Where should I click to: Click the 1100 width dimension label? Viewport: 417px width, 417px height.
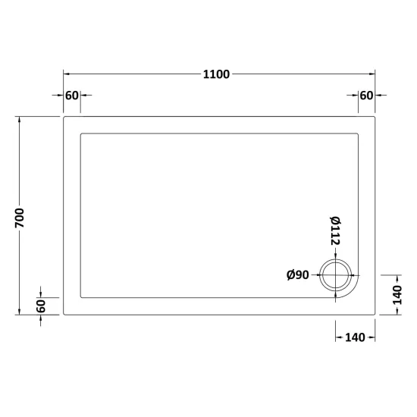pos(216,74)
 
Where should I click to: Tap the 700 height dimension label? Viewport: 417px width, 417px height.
pos(20,218)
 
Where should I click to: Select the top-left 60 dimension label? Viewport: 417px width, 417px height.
pos(72,96)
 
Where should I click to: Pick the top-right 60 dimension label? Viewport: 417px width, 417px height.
pos(366,96)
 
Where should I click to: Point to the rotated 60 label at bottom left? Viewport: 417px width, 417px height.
pos(41,306)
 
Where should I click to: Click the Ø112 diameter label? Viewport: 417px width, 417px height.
pos(335,230)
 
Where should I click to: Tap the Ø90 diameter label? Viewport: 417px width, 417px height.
pos(298,274)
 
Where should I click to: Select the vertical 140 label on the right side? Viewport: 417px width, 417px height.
pos(397,295)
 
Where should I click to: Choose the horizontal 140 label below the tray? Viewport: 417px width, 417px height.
pos(355,337)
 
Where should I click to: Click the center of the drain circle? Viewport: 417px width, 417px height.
pos(336,275)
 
